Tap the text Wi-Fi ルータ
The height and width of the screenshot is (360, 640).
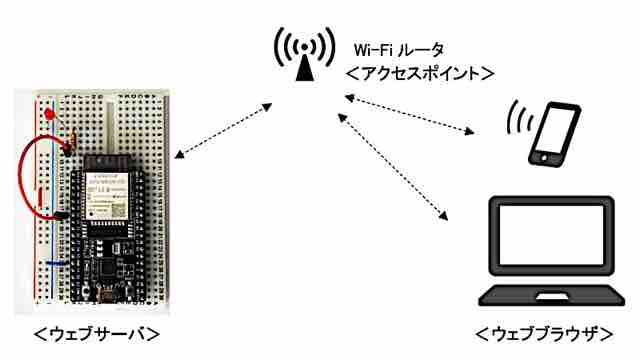pos(399,50)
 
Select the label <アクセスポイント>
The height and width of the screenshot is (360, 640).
pos(420,73)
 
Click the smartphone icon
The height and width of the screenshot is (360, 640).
pos(554,134)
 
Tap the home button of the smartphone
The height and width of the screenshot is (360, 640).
pos(543,157)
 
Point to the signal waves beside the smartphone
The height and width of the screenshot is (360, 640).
pos(520,118)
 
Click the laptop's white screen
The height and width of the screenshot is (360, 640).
pos(551,235)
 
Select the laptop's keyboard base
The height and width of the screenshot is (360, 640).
pos(551,296)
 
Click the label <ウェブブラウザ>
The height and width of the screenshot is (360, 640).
pos(544,334)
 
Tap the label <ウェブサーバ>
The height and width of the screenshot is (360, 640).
pos(96,334)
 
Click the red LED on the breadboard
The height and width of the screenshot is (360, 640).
pos(50,114)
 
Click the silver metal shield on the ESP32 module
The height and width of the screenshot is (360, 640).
pos(106,195)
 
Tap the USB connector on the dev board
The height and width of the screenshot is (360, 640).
pos(107,294)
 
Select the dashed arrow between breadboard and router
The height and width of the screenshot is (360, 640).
pos(223,131)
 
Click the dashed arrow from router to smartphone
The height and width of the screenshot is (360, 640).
pos(409,114)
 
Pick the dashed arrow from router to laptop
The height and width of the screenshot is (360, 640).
pos(393,167)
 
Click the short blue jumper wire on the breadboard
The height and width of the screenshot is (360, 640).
pos(57,263)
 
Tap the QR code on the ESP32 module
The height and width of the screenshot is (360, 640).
pos(118,209)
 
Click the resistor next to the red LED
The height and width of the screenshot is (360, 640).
pos(73,137)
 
